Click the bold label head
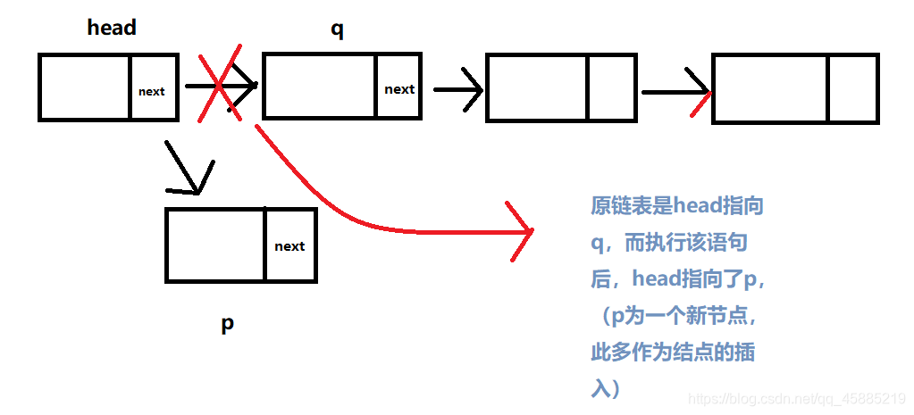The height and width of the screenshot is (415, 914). pos(112,28)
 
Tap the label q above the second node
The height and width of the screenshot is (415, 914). pos(337,29)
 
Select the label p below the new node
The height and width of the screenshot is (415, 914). pos(228,322)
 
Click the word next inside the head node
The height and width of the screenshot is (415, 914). pos(152,91)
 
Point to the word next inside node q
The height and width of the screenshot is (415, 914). pos(399,88)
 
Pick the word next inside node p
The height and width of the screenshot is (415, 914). pos(289,246)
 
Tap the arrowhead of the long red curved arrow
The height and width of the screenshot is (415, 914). pos(523,231)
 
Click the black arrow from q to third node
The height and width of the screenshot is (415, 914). pos(458,88)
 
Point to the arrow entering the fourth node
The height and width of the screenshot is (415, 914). pos(676,92)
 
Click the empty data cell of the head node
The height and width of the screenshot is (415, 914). pos(86,87)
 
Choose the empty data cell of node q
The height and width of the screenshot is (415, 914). pos(320,86)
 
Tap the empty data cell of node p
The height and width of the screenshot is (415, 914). pos(215,245)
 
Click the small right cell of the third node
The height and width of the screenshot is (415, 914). pos(611,88)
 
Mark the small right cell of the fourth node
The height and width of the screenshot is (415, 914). pos(853,88)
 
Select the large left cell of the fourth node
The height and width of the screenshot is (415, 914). pos(770,88)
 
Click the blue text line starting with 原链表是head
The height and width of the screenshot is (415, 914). pos(677,206)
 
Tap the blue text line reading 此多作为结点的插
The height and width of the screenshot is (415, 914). pos(673,352)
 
